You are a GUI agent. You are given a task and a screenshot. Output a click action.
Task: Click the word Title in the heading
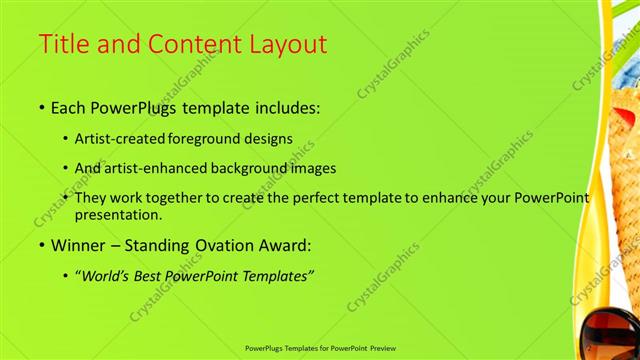point(63,45)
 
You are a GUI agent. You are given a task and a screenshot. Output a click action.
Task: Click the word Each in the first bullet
point(67,106)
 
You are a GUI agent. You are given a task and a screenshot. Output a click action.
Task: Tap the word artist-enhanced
point(165,169)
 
